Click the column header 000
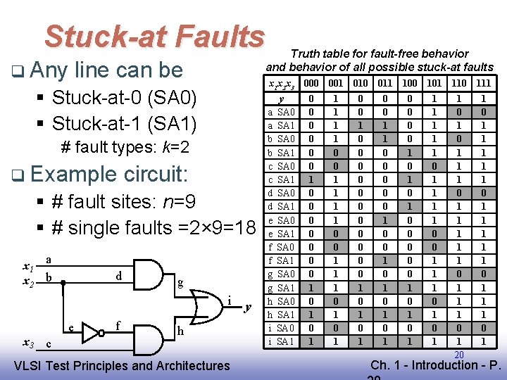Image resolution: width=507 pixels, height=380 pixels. (x=310, y=83)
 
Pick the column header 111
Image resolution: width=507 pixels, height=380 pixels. (x=483, y=83)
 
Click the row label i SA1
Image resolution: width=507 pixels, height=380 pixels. (x=282, y=342)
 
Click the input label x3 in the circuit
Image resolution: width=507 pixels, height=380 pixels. (x=29, y=343)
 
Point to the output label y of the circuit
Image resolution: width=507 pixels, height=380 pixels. (x=248, y=308)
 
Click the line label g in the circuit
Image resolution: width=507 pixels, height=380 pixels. (x=181, y=284)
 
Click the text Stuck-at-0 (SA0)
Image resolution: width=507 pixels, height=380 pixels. (x=127, y=97)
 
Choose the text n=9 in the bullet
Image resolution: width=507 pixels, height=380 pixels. (x=173, y=202)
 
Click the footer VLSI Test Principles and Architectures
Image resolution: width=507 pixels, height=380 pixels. (x=122, y=365)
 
